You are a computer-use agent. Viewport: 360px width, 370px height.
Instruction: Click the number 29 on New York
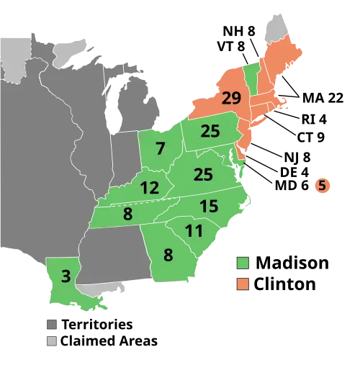231,99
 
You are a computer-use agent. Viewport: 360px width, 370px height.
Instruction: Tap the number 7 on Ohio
160,149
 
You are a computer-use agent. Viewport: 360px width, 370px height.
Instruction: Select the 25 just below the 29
210,132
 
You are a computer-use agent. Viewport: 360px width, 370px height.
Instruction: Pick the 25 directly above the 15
203,174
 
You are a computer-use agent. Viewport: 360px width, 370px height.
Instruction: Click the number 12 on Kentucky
149,189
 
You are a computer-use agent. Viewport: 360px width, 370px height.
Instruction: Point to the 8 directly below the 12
127,214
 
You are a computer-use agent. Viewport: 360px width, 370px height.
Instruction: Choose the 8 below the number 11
168,255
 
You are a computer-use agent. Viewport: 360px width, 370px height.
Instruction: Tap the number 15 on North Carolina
209,207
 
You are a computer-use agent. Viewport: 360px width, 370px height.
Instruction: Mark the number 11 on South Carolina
194,231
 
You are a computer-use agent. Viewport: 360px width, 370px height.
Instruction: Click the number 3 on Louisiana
66,276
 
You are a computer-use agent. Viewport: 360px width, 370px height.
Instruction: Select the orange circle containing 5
321,186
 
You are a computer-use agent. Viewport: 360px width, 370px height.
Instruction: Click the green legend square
243,261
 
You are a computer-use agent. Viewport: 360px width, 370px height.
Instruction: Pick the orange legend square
243,284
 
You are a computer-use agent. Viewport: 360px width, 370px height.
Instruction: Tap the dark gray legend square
52,323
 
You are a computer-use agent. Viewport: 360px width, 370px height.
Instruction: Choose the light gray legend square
52,339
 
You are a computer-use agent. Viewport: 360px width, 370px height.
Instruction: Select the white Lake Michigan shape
114,108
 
